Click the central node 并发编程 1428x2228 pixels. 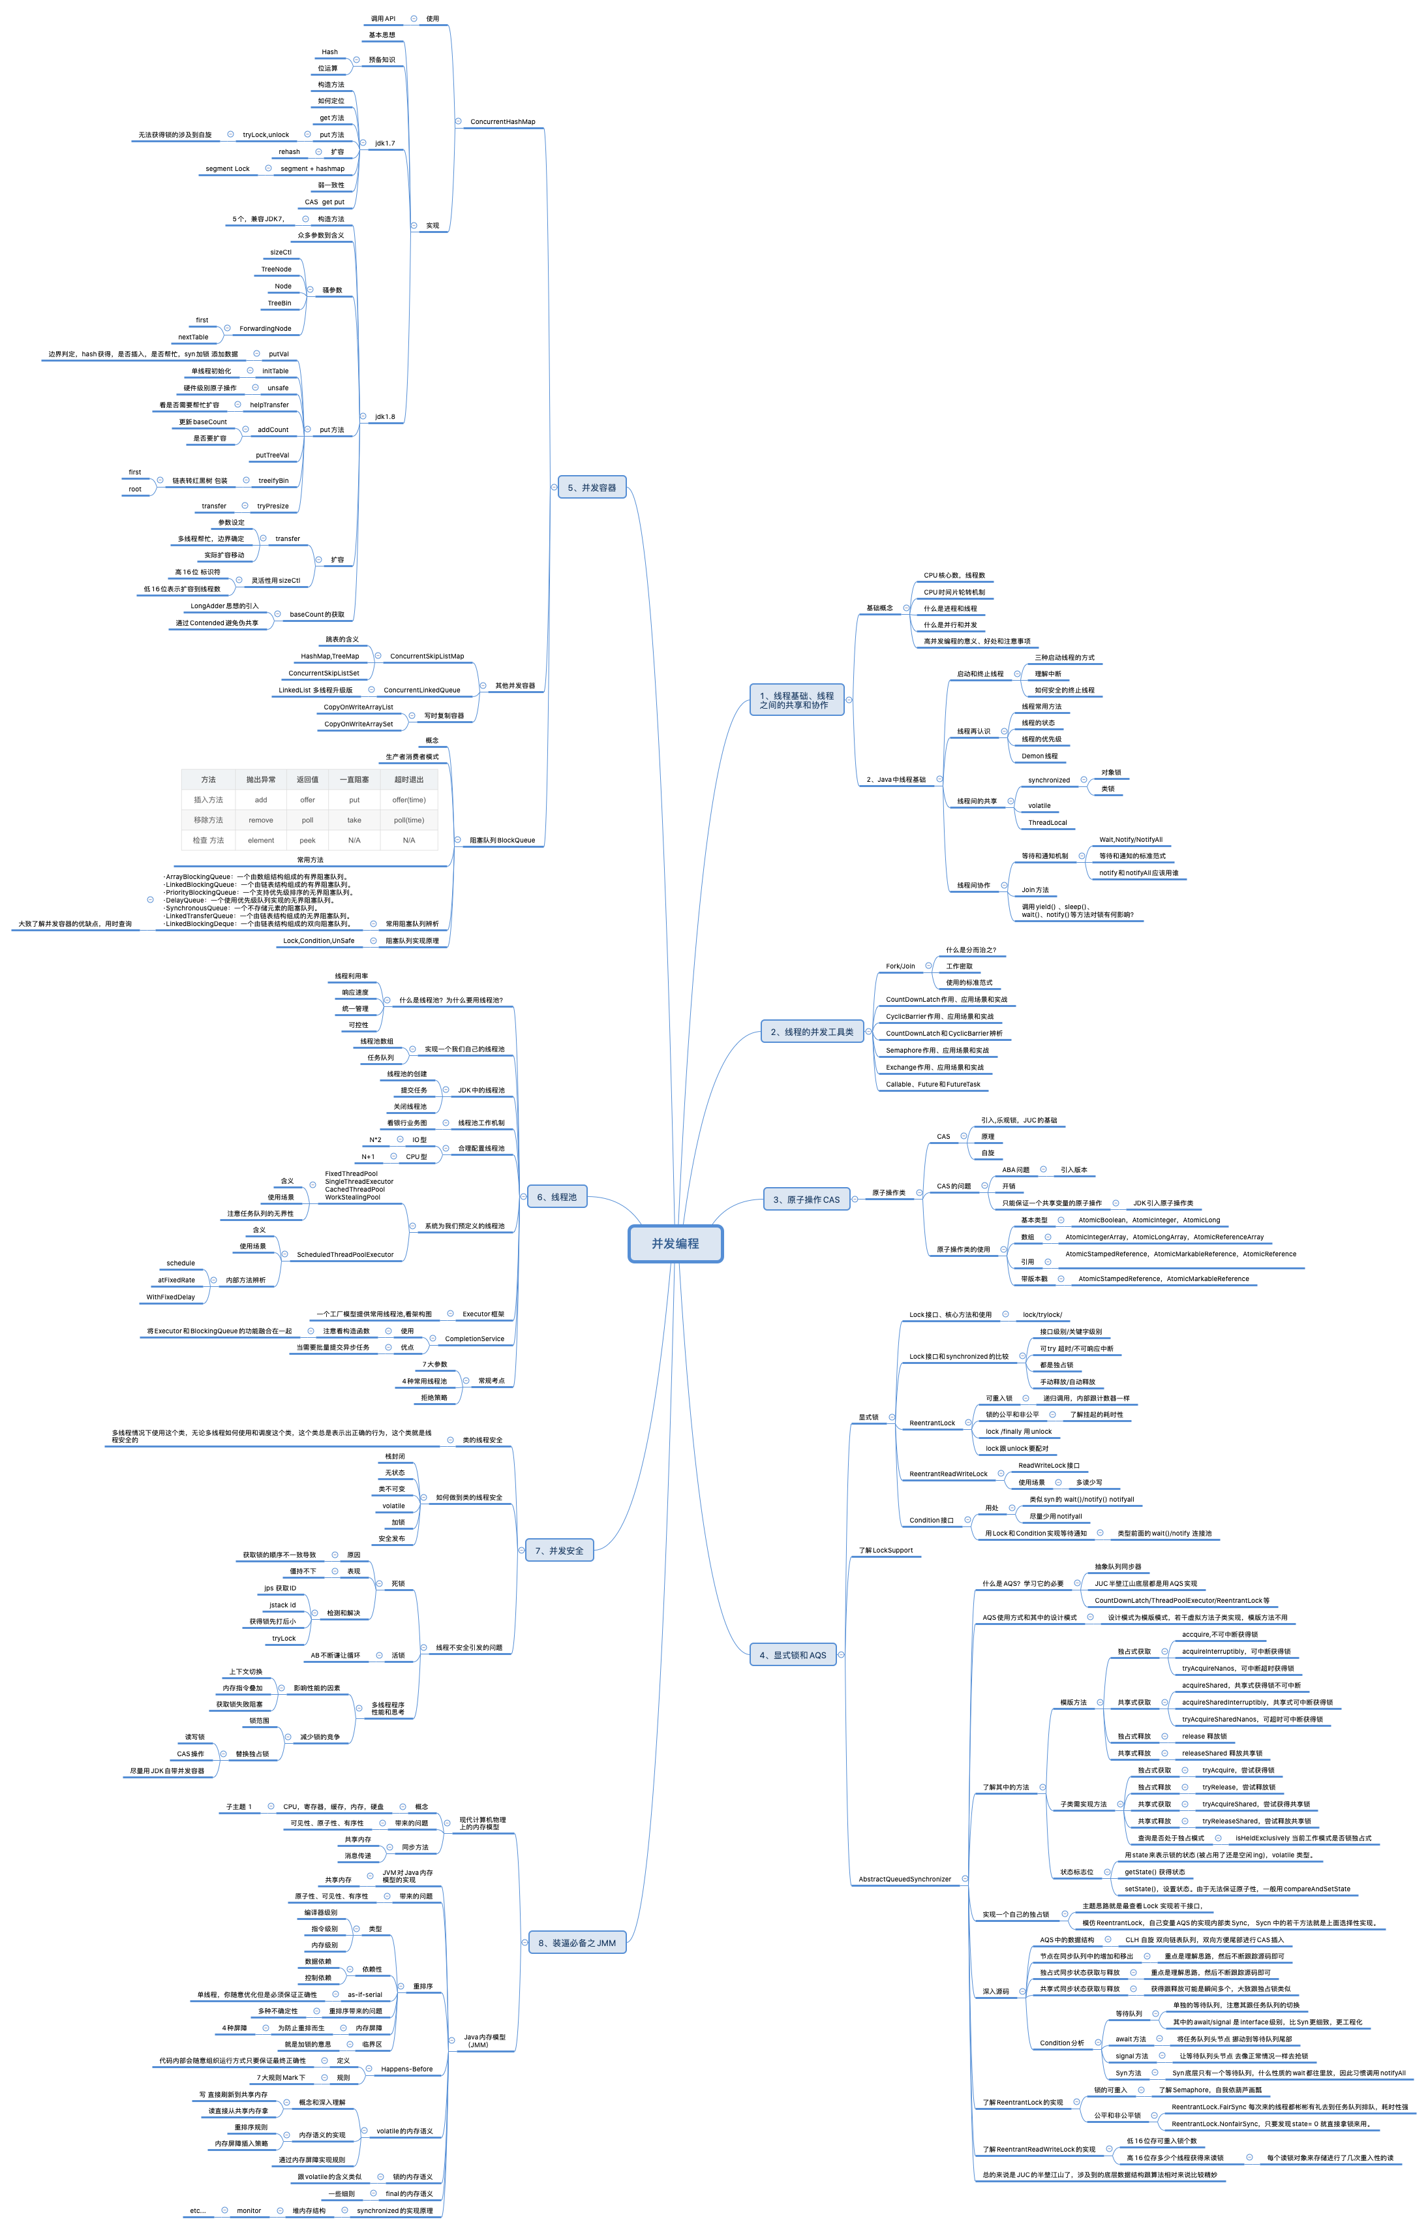click(x=675, y=1244)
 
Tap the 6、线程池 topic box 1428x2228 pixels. click(x=556, y=1196)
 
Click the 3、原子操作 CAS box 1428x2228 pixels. click(x=806, y=1199)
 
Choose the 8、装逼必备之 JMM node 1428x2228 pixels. click(x=577, y=1942)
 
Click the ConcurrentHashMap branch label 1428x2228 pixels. click(x=502, y=121)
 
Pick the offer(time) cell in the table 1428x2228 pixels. click(x=409, y=799)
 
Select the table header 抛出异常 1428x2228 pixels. click(x=260, y=779)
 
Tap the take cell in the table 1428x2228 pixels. click(x=354, y=820)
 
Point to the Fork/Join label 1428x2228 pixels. click(x=900, y=967)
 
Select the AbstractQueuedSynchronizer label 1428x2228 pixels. click(x=904, y=1880)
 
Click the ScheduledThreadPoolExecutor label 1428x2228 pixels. click(x=345, y=1255)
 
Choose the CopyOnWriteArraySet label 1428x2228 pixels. click(x=358, y=724)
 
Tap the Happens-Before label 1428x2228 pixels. click(x=406, y=2069)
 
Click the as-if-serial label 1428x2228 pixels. click(x=365, y=1994)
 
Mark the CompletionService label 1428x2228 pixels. click(x=474, y=1338)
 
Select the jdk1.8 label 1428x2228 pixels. click(x=385, y=416)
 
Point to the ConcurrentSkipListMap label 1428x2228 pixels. click(x=427, y=656)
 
